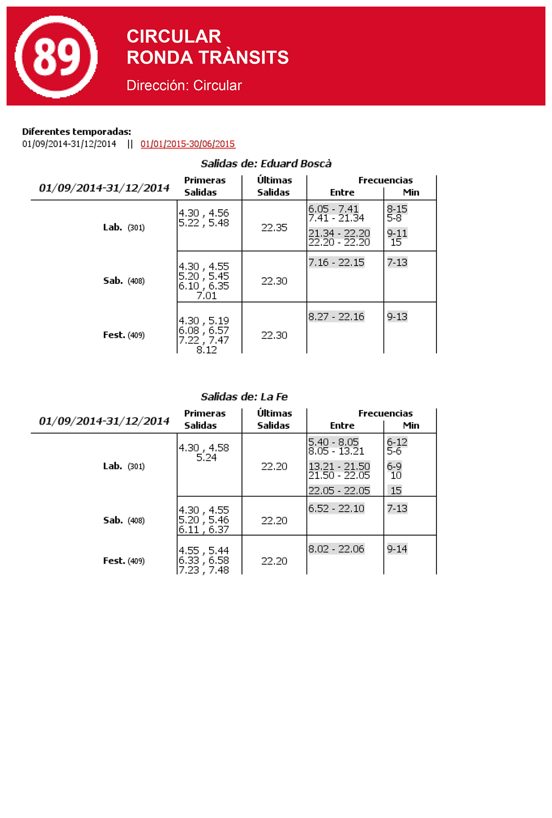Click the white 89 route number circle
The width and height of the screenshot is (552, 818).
(56, 57)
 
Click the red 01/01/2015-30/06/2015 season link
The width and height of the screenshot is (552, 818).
(188, 144)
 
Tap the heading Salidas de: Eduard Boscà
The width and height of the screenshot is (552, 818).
(266, 164)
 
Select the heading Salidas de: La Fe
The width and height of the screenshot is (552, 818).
(244, 397)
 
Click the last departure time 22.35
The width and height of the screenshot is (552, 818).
(274, 228)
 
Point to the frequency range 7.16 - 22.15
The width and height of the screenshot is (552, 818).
(336, 263)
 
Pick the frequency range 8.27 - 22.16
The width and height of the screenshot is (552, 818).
(336, 317)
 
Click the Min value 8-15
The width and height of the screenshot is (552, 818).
(397, 209)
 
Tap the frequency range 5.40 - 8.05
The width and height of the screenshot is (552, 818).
(333, 442)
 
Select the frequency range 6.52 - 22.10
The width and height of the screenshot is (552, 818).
(336, 508)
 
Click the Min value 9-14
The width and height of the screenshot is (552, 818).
(397, 549)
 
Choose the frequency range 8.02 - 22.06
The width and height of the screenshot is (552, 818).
(336, 549)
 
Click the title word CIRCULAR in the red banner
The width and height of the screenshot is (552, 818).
(174, 36)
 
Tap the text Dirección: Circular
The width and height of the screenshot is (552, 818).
(184, 85)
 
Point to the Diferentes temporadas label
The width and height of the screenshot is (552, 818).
(77, 132)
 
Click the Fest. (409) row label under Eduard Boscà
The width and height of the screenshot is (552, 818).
(124, 335)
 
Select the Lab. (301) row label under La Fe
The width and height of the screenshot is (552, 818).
(124, 466)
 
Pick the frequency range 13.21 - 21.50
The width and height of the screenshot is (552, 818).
(339, 466)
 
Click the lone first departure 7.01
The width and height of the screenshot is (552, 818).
(207, 296)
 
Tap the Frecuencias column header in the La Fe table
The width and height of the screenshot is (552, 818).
(385, 414)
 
